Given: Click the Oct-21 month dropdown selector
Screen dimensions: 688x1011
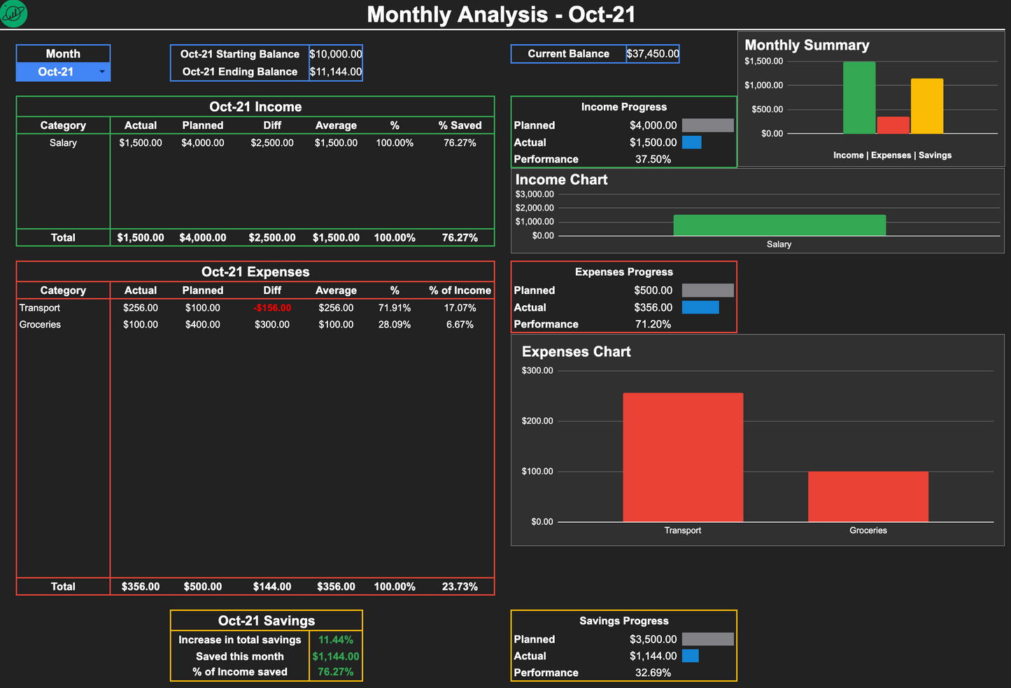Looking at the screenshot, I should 63,72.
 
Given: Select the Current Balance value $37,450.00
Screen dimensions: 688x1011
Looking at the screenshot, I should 652,54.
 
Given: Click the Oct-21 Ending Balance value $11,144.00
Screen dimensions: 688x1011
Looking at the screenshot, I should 336,72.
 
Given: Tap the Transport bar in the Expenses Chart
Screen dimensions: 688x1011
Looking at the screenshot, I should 683,457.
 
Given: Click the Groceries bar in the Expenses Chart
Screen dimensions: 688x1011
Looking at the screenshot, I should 868,496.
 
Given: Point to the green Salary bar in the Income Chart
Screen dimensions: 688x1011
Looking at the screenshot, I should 779,225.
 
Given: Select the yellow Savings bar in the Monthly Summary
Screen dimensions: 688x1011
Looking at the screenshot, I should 926,106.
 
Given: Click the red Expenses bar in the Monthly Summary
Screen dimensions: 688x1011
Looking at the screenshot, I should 893,125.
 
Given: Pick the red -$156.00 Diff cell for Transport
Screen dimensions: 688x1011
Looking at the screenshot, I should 272,308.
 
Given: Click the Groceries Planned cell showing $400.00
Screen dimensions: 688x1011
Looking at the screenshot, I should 203,325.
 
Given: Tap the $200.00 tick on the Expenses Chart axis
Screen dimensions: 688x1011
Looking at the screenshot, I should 537,421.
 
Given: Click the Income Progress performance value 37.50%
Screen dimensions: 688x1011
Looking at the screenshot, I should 653,160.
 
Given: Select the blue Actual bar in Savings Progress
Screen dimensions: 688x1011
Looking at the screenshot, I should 691,656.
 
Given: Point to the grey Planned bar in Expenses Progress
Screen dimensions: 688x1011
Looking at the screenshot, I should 707,290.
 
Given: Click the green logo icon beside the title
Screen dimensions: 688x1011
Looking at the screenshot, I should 13,13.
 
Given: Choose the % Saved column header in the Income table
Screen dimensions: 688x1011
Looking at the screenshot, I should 460,126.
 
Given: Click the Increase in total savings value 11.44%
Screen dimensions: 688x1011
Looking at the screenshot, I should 336,640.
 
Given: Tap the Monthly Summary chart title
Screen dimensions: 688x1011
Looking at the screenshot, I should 807,45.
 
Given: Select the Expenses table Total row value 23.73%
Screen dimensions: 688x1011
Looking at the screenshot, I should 460,587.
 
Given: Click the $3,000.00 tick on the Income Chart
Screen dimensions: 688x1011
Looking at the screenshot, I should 535,195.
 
